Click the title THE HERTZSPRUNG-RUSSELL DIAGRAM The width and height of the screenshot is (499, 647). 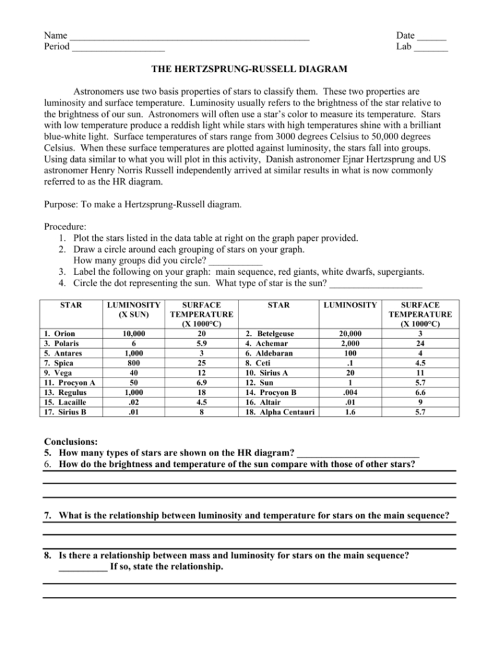249,69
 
